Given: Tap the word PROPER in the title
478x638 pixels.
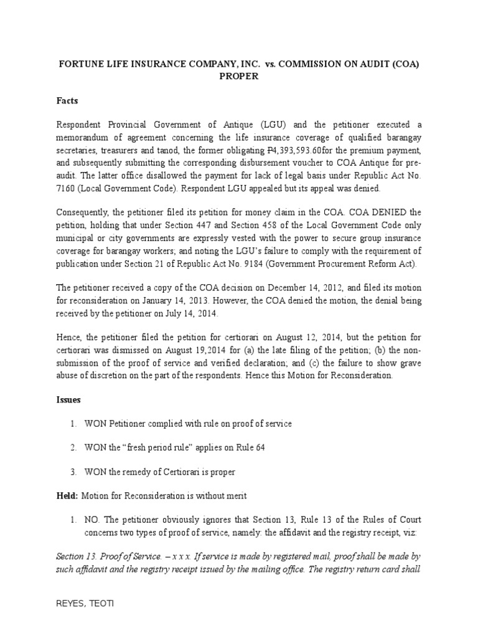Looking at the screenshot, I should click(x=238, y=77).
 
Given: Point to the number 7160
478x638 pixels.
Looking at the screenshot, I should click(x=67, y=188).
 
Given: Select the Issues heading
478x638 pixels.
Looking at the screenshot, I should click(x=70, y=399).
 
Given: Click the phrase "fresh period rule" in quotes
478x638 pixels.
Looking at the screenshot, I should click(x=150, y=447).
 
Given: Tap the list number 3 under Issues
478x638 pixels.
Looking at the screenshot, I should click(x=73, y=472).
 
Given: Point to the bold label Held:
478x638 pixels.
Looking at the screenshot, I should click(x=67, y=495).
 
